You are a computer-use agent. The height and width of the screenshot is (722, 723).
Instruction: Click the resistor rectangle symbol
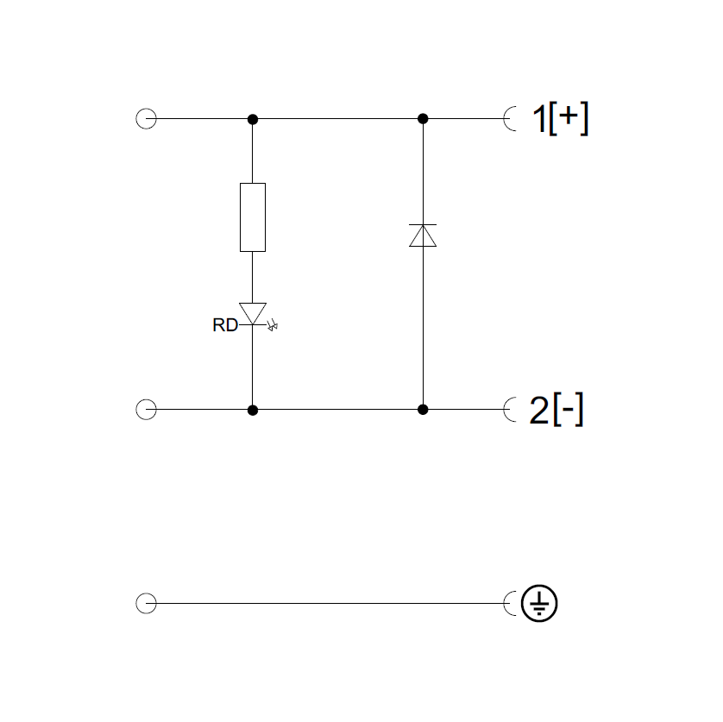tap(252, 217)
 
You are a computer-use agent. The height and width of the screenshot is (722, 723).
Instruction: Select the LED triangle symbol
tap(252, 313)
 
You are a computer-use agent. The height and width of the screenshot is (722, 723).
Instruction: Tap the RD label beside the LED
tap(224, 326)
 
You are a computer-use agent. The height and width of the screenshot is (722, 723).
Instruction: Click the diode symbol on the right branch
tap(423, 235)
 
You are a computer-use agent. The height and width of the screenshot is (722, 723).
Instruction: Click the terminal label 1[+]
tap(558, 119)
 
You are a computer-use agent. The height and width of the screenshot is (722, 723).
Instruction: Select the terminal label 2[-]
tap(556, 411)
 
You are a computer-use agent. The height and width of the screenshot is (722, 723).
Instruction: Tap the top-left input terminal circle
tap(146, 119)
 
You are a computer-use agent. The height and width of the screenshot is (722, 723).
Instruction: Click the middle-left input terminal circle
tap(146, 410)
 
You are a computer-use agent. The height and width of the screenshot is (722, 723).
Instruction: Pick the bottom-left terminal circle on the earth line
tap(146, 604)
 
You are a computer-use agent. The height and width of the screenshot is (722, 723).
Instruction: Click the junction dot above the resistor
tap(252, 119)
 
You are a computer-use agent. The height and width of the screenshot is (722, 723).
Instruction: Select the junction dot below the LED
tap(252, 410)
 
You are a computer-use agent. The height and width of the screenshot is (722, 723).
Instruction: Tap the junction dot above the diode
tap(423, 119)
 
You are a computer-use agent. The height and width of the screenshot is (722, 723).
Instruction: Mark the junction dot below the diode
tap(423, 410)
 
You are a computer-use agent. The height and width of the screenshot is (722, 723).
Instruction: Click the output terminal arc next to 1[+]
tap(510, 119)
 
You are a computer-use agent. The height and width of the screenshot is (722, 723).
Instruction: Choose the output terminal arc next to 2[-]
tap(510, 410)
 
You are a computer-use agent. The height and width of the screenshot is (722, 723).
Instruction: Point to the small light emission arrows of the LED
tap(275, 326)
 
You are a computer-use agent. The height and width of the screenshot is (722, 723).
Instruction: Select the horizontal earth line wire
tap(328, 604)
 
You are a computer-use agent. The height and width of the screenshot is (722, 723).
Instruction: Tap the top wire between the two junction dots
tap(336, 119)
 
